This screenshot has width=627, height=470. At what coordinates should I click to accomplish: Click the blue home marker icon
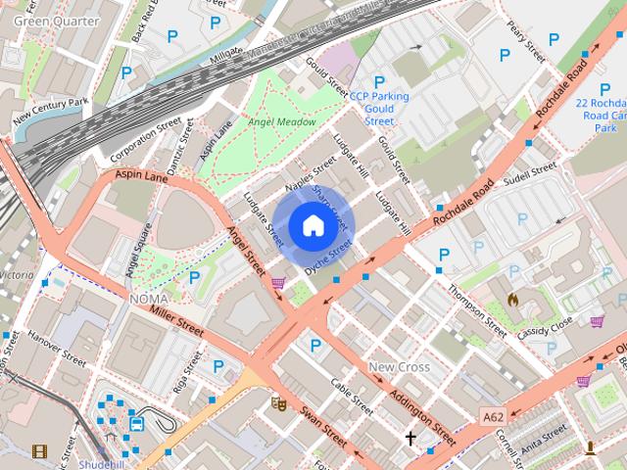(x=312, y=226)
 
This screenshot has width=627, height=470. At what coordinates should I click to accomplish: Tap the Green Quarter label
(x=57, y=20)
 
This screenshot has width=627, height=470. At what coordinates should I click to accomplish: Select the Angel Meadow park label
(x=282, y=122)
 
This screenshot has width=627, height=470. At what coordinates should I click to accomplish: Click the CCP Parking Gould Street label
(x=379, y=109)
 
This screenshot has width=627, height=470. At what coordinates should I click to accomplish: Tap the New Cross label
(x=399, y=367)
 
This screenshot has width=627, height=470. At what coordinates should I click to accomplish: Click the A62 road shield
(x=494, y=417)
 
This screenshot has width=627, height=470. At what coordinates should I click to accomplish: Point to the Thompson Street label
(x=477, y=308)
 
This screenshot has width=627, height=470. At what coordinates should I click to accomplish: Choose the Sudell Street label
(x=529, y=174)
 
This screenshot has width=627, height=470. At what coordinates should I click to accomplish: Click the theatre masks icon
(x=278, y=402)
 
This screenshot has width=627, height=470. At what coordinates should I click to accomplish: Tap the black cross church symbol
(x=410, y=438)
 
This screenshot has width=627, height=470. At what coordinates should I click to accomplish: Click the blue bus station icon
(x=136, y=424)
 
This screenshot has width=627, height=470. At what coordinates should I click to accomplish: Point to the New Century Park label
(x=51, y=109)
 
